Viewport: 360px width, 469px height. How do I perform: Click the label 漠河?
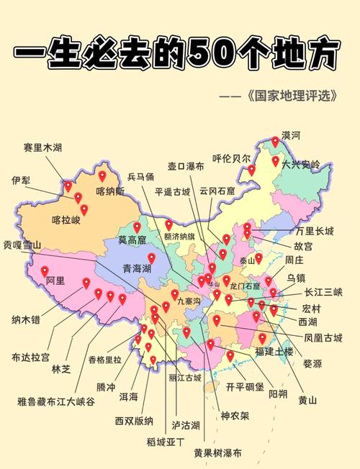(x=291, y=135)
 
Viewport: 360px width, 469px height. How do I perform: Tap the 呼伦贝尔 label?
(x=231, y=158)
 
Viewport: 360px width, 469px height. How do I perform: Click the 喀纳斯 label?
(x=110, y=191)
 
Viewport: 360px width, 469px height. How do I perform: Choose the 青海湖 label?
(x=136, y=268)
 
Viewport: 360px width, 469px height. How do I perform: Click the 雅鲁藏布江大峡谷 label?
(x=56, y=402)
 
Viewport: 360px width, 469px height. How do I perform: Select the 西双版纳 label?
(x=134, y=421)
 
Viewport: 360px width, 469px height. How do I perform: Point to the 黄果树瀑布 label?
(x=217, y=454)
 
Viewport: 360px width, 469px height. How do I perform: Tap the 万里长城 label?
(x=315, y=231)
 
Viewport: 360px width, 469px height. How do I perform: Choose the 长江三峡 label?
(x=323, y=292)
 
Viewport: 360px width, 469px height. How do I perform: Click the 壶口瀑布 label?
(x=186, y=166)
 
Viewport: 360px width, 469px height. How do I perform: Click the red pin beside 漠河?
(x=274, y=142)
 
